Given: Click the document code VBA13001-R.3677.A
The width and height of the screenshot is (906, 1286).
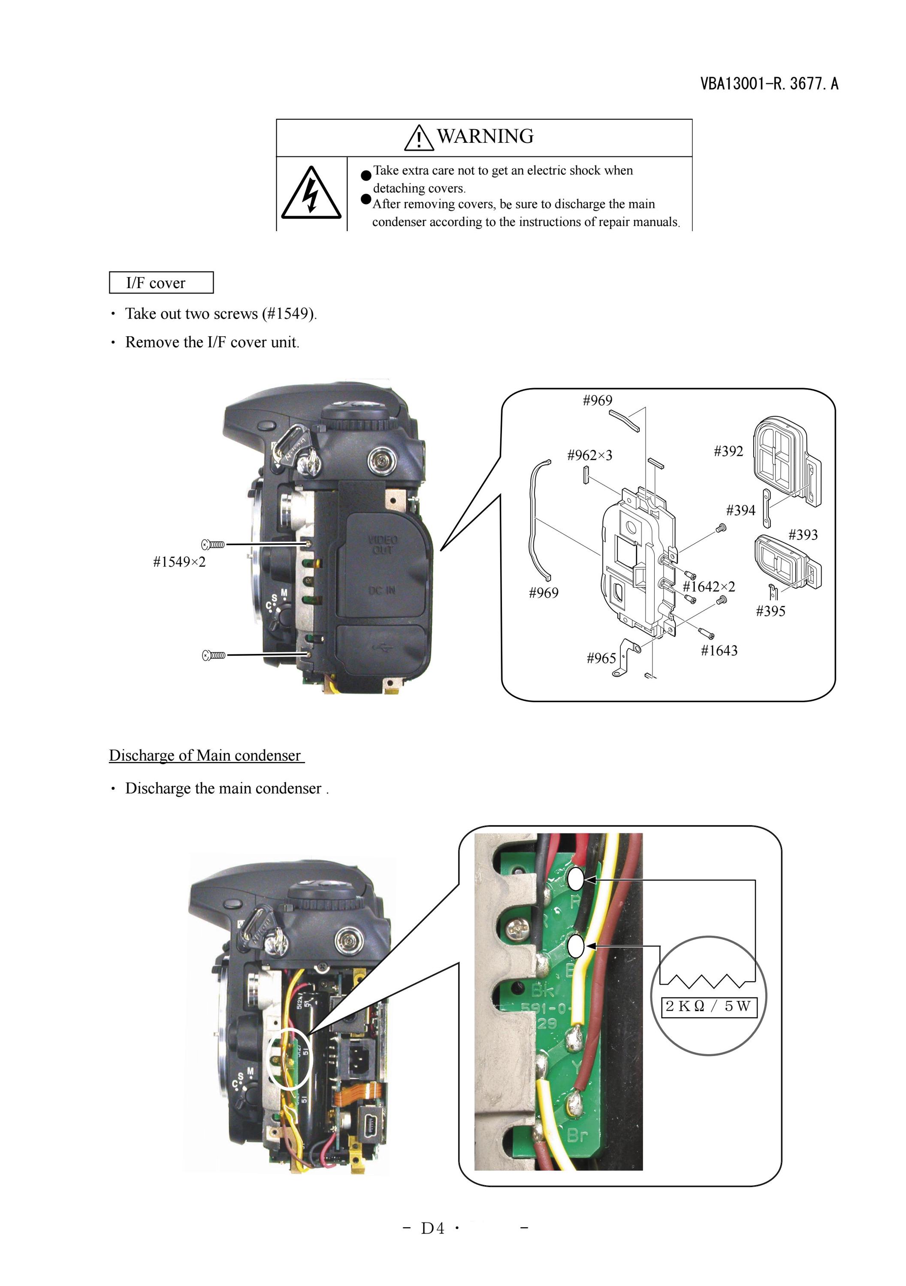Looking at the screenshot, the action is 769,84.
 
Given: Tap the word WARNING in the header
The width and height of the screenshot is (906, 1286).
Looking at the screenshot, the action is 485,136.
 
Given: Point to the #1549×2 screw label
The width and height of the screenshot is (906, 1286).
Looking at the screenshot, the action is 179,562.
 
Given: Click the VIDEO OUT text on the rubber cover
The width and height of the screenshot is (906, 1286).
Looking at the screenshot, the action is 382,545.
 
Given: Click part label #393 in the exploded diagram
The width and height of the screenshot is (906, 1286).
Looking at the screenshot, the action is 803,534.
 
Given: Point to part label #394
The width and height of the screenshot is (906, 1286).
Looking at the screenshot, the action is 741,510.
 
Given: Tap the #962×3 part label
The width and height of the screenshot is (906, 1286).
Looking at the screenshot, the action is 589,455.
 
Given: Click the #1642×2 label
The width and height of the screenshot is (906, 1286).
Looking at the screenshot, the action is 709,587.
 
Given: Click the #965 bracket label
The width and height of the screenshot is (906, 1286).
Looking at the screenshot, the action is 601,658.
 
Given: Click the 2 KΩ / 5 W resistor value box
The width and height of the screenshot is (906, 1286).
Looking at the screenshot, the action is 709,1006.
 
